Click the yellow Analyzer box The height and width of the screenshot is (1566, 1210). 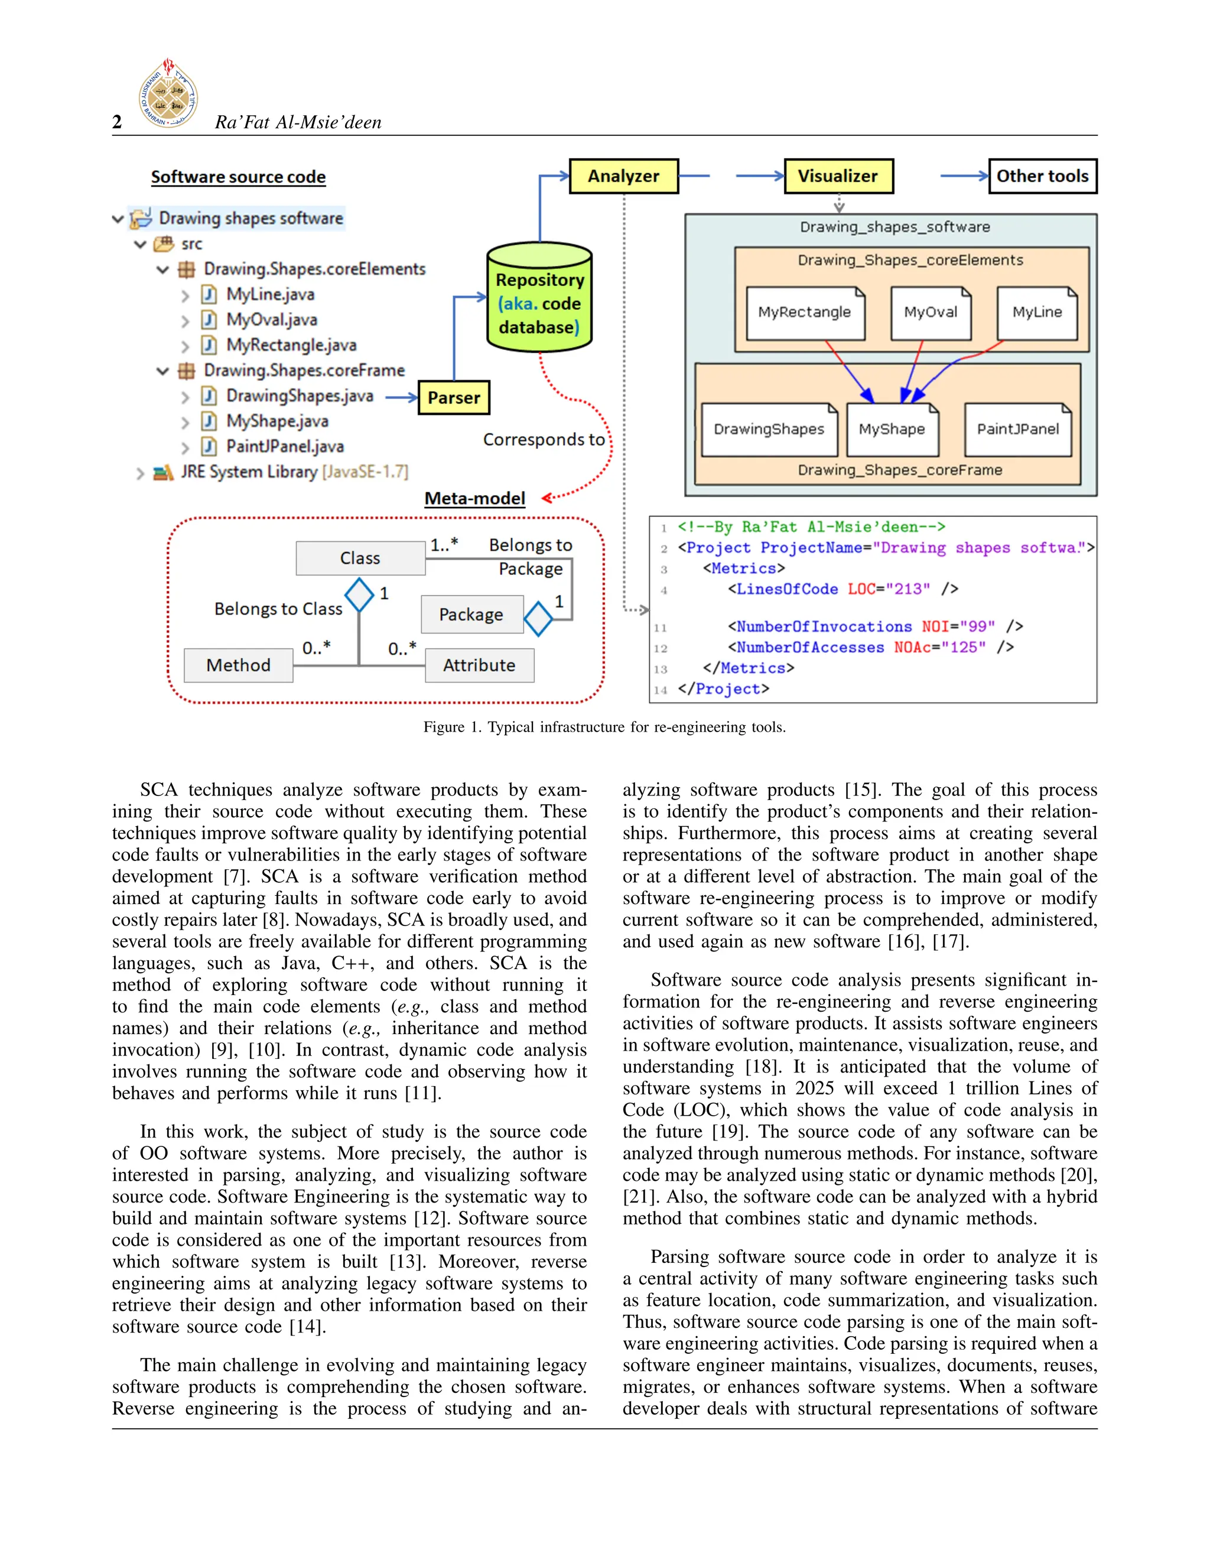[624, 176]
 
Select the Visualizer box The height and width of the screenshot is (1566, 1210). [838, 176]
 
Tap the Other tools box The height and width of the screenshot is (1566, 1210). [1042, 176]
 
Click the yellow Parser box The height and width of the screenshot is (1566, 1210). [454, 398]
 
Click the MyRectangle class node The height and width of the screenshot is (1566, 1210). [805, 313]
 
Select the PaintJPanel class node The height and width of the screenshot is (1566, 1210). [1018, 430]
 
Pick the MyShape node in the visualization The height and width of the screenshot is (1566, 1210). [892, 430]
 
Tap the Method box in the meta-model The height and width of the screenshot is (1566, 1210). [238, 665]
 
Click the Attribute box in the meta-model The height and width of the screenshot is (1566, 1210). [479, 665]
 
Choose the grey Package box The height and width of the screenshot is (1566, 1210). [471, 615]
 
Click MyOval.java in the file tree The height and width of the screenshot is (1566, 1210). [272, 320]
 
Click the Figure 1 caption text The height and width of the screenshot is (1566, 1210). [604, 727]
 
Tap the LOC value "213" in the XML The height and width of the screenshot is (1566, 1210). [907, 589]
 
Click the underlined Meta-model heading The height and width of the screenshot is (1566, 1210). [474, 498]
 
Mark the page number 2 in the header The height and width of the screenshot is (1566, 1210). [117, 122]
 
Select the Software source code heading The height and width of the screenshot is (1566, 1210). [238, 177]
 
